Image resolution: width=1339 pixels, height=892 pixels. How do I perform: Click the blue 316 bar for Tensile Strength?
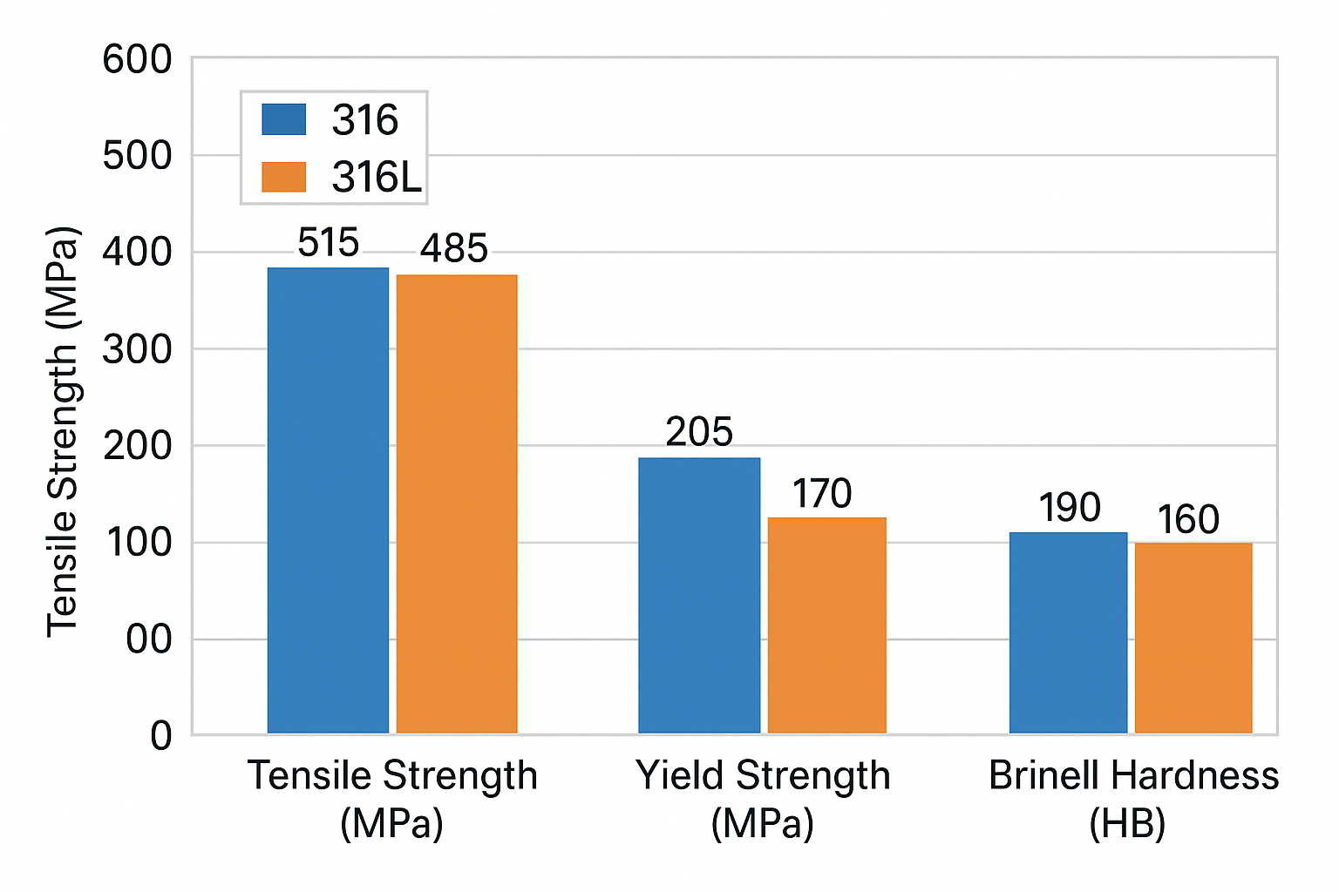[x=328, y=500]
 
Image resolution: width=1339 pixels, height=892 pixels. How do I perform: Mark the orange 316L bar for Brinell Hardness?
[x=1193, y=638]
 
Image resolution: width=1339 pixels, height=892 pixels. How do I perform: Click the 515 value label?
[x=328, y=243]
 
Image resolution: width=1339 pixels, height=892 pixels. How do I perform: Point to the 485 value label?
[x=453, y=249]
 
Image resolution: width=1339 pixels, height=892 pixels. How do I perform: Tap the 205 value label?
[x=699, y=432]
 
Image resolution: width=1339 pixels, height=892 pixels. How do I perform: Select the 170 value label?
[x=822, y=494]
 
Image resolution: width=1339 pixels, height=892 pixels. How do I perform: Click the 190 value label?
[x=1070, y=508]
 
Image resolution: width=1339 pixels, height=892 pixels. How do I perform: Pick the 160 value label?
[x=1188, y=520]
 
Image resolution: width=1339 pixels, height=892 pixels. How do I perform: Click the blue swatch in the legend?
[x=284, y=119]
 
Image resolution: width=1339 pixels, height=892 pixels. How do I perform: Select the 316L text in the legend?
[x=377, y=178]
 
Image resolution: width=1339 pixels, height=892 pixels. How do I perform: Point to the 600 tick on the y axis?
[x=137, y=60]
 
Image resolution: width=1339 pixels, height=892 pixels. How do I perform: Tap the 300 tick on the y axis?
[x=137, y=349]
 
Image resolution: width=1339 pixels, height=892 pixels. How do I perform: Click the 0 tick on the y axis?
[x=161, y=736]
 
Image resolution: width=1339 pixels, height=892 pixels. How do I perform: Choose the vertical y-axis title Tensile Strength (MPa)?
[x=63, y=431]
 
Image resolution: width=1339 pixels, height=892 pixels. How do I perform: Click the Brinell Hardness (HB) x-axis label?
[x=1133, y=798]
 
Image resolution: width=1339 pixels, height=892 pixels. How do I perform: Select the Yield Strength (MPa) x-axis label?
[x=763, y=798]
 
